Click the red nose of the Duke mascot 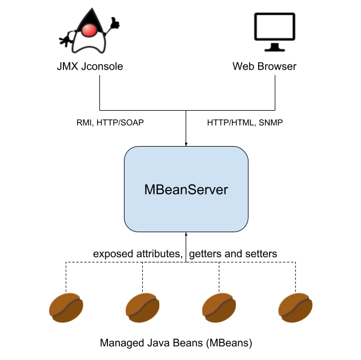[x=89, y=30]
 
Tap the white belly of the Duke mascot [x=89, y=43]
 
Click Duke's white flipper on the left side [x=76, y=45]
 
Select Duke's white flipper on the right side [x=102, y=45]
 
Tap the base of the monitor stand [x=275, y=48]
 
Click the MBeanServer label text [x=186, y=190]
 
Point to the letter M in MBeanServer [x=150, y=190]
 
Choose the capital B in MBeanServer [x=161, y=190]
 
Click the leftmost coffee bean [x=66, y=308]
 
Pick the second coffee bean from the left [x=142, y=308]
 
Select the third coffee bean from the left [x=219, y=308]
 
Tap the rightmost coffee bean [x=295, y=308]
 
